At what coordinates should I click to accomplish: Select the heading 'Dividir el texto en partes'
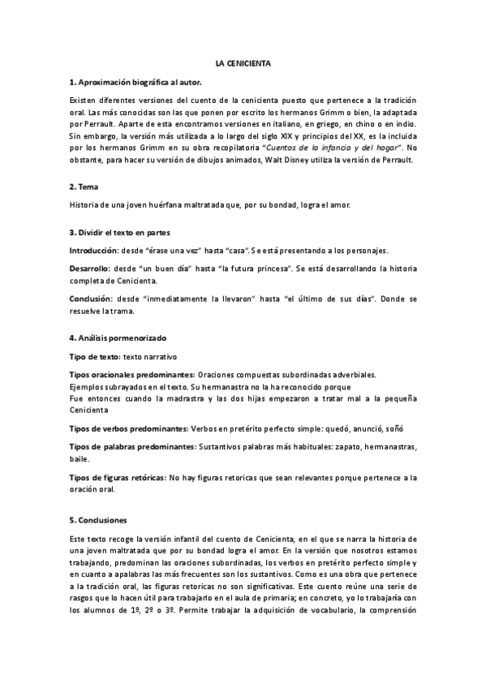coord(123,232)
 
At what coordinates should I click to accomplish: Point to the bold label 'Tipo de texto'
coord(93,356)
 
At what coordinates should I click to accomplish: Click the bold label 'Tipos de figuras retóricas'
coord(117,478)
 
